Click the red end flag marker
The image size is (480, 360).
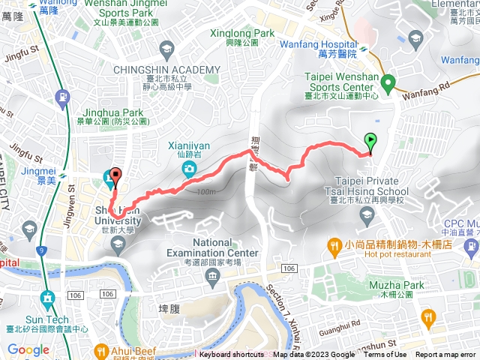(115, 178)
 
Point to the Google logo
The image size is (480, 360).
(28, 349)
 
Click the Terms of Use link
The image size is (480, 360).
(385, 355)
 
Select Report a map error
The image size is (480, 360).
(446, 355)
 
